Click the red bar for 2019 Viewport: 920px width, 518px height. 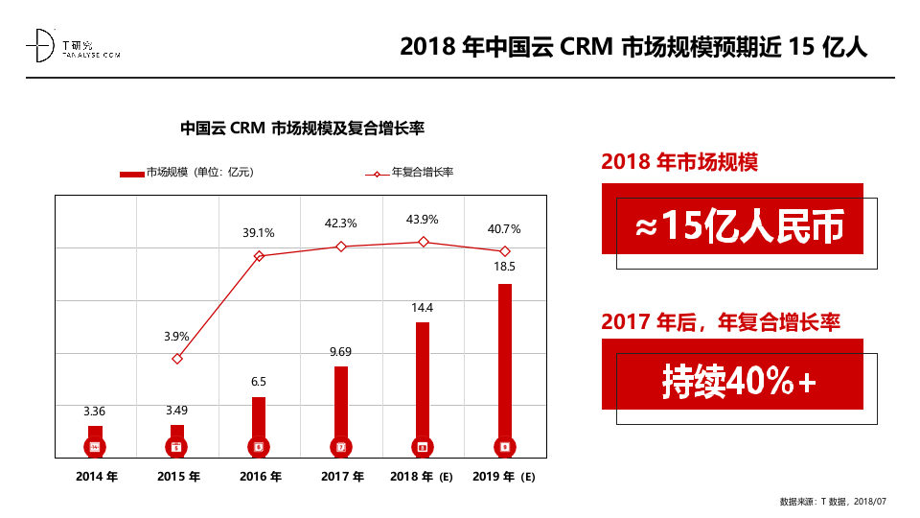tap(505, 365)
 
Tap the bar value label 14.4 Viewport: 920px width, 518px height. tap(423, 308)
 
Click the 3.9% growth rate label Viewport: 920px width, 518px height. tap(176, 337)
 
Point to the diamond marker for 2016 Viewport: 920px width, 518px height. tap(259, 256)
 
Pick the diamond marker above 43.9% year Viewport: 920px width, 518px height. tap(423, 242)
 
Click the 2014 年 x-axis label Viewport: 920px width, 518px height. tap(96, 477)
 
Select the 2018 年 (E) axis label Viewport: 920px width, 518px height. tap(422, 477)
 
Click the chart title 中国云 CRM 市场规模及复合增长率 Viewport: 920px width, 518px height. tap(302, 129)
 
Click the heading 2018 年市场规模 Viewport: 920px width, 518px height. tap(679, 162)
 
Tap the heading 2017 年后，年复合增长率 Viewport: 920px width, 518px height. tap(721, 322)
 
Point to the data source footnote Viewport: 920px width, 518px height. tap(834, 502)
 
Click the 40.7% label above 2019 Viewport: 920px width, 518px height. tap(504, 229)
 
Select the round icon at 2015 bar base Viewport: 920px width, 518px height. tap(176, 447)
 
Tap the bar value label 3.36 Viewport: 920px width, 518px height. tap(95, 412)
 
